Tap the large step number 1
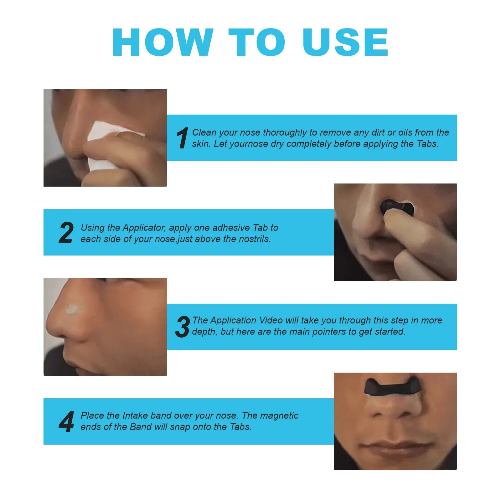coord(182,138)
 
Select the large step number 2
coord(66,233)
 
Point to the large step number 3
coord(182,327)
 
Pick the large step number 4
coord(66,422)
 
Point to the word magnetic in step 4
coord(279,416)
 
